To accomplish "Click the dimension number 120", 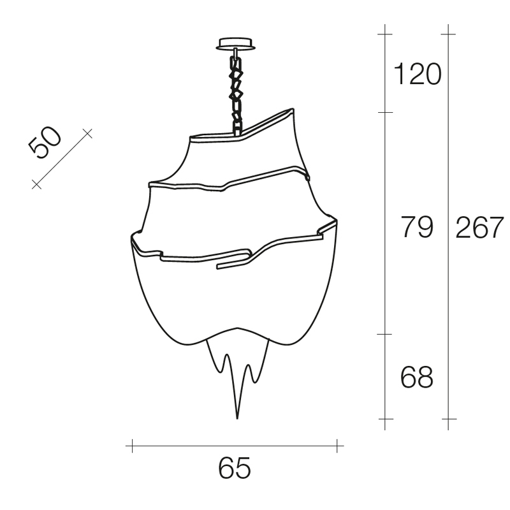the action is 418,74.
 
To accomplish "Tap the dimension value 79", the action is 417,227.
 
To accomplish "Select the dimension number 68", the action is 417,377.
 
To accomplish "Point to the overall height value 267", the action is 479,228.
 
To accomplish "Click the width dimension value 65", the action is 235,468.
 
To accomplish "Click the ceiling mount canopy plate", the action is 235,44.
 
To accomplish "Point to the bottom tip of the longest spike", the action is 237,419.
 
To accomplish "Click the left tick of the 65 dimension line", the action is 132,446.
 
